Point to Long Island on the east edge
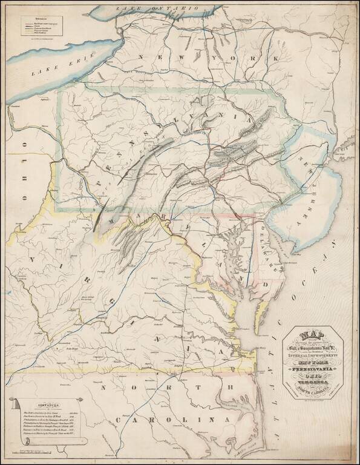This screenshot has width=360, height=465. click(x=349, y=142)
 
